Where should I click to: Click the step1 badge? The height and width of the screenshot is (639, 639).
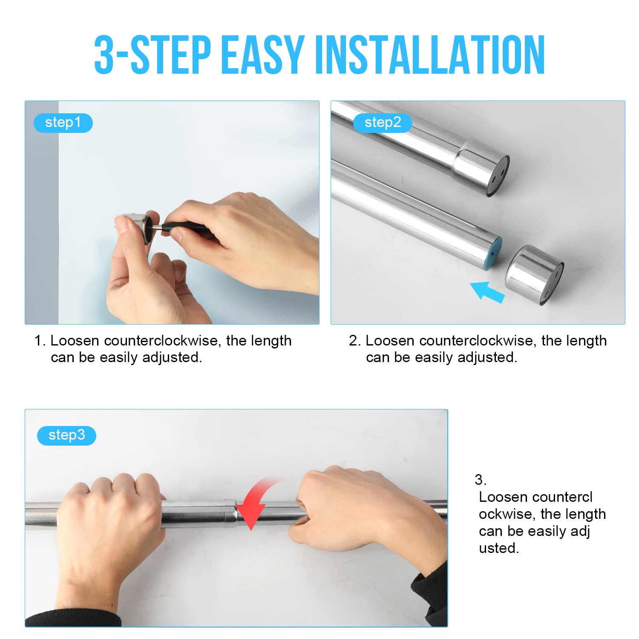pyautogui.click(x=63, y=123)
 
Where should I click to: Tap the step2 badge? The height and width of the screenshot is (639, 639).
pyautogui.click(x=383, y=123)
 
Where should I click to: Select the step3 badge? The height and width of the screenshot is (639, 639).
pyautogui.click(x=66, y=435)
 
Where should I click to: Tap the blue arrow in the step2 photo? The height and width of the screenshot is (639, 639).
pyautogui.click(x=487, y=291)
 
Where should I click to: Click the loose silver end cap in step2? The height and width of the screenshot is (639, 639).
pyautogui.click(x=534, y=275)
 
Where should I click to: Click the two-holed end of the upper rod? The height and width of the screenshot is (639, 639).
pyautogui.click(x=498, y=176)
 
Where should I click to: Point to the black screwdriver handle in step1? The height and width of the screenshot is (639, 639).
pyautogui.click(x=187, y=227)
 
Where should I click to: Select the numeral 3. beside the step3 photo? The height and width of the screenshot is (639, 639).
pyautogui.click(x=481, y=480)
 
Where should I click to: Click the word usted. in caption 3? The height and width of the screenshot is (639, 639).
pyautogui.click(x=499, y=548)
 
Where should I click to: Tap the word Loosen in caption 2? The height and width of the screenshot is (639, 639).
pyautogui.click(x=390, y=341)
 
